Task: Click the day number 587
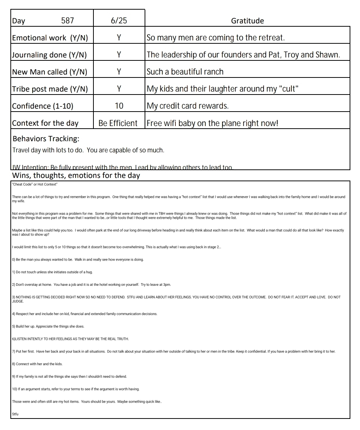point(67,21)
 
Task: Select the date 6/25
point(119,21)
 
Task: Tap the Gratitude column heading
point(247,21)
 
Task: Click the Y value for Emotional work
point(119,38)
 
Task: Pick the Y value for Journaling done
point(119,55)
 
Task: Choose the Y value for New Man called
point(119,72)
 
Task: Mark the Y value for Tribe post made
point(119,89)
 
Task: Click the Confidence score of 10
point(119,106)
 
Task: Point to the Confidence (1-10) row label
point(43,106)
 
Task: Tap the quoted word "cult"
point(288,89)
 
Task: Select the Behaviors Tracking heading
point(46,139)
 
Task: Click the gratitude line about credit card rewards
point(188,106)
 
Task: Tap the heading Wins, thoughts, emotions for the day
point(76,175)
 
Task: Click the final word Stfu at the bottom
point(15,414)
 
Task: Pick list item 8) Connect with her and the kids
point(37,364)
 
